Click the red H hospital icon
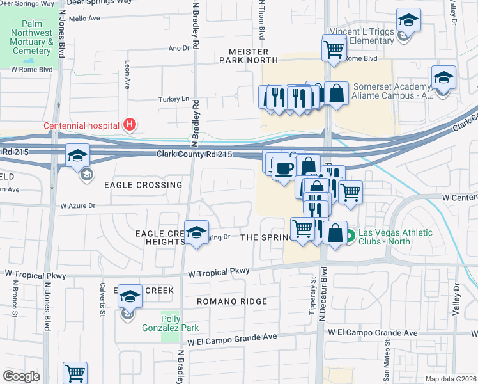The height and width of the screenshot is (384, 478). click(130, 125)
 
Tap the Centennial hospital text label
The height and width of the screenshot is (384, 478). click(82, 125)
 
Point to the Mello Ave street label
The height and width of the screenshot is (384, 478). click(84, 19)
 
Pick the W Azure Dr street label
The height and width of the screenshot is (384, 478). click(77, 206)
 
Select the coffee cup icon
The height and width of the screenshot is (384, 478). click(282, 168)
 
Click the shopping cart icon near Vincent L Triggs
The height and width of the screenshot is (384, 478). click(334, 48)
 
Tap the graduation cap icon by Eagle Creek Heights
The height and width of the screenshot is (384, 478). click(196, 232)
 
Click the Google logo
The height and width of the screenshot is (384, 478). click(21, 376)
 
